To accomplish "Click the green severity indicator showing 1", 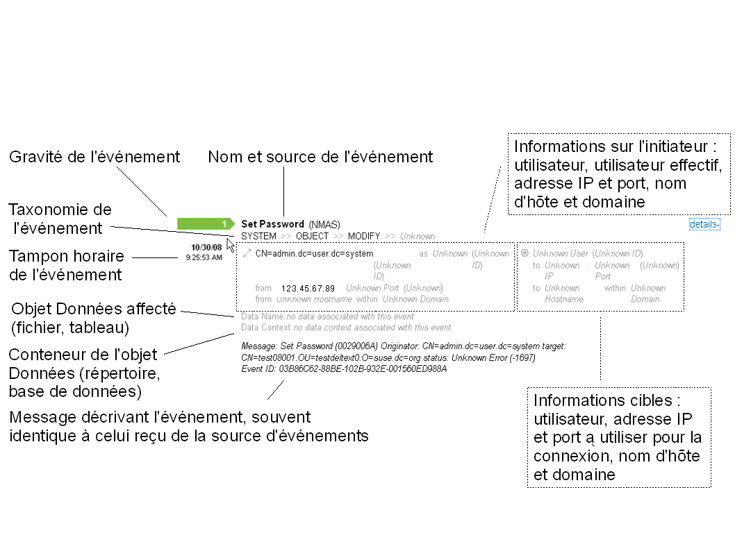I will pyautogui.click(x=206, y=223).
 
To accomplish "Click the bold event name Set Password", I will pyautogui.click(x=272, y=224).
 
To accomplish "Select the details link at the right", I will pyautogui.click(x=704, y=224).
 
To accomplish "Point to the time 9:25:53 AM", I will pyautogui.click(x=204, y=257).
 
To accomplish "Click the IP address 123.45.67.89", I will pyautogui.click(x=308, y=288).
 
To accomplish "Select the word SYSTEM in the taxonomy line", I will pyautogui.click(x=258, y=236).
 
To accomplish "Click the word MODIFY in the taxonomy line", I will pyautogui.click(x=364, y=236).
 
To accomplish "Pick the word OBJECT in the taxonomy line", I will pyautogui.click(x=312, y=236).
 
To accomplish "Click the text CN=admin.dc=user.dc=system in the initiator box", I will pyautogui.click(x=314, y=254).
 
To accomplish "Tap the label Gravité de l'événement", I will pyautogui.click(x=94, y=157).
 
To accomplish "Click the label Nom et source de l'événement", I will pyautogui.click(x=320, y=157).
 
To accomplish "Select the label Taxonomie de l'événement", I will pyautogui.click(x=60, y=219).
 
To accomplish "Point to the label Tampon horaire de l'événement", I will pyautogui.click(x=67, y=265).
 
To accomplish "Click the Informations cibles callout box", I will pyautogui.click(x=618, y=437).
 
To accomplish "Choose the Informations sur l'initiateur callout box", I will pyautogui.click(x=618, y=174).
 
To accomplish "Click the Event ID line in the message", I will pyautogui.click(x=344, y=369).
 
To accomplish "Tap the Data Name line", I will pyautogui.click(x=327, y=316).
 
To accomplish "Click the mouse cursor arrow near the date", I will pyautogui.click(x=231, y=244).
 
